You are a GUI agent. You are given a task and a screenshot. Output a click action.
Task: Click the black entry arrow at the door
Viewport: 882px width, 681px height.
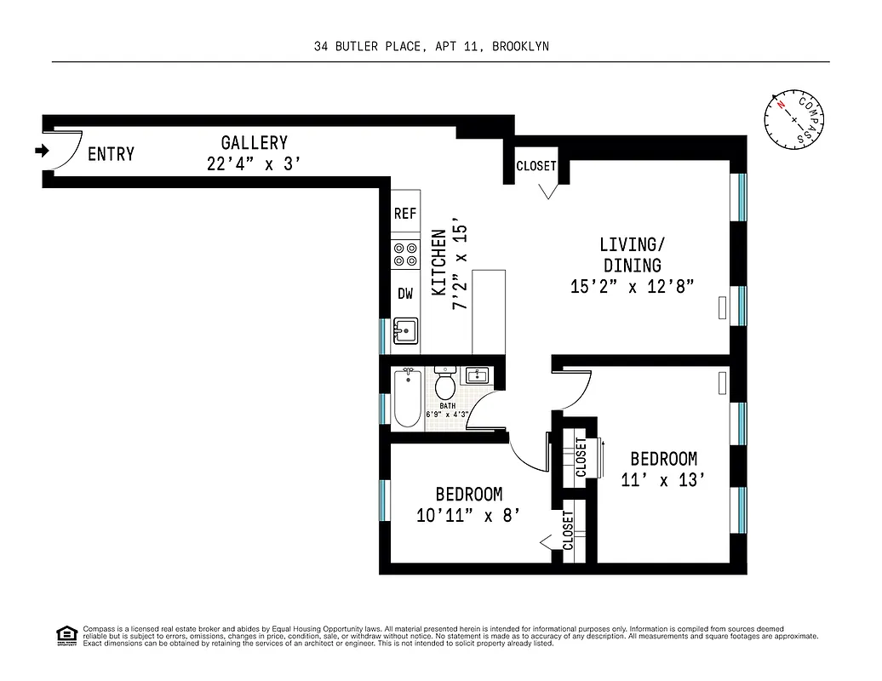(41, 152)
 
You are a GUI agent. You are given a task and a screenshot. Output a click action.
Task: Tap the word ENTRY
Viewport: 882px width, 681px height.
(112, 154)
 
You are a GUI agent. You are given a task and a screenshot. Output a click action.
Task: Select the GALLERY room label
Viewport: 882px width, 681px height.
(254, 143)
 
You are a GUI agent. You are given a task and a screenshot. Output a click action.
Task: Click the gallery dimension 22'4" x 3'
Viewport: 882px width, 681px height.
(254, 164)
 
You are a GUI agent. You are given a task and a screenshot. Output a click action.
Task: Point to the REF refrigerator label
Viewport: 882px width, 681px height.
(405, 214)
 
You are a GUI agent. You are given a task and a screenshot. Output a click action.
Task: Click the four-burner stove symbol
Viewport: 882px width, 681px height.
(405, 254)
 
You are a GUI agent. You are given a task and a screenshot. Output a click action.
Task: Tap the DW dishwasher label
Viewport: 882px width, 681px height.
(405, 294)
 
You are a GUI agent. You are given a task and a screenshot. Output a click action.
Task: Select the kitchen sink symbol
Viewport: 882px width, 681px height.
(406, 330)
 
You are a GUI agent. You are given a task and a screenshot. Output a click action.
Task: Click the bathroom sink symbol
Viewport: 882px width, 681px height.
(475, 375)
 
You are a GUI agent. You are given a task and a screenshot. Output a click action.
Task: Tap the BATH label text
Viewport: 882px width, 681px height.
(448, 406)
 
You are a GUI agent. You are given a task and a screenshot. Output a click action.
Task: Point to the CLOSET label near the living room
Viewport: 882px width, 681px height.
(536, 167)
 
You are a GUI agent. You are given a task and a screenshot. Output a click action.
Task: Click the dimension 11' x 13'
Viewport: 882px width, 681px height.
(663, 481)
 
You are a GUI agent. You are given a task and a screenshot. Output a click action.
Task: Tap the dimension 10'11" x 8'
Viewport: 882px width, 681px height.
(468, 515)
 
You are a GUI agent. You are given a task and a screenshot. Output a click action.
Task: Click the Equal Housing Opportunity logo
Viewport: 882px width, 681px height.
(66, 634)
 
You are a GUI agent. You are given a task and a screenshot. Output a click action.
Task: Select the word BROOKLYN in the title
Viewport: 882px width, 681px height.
(520, 47)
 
